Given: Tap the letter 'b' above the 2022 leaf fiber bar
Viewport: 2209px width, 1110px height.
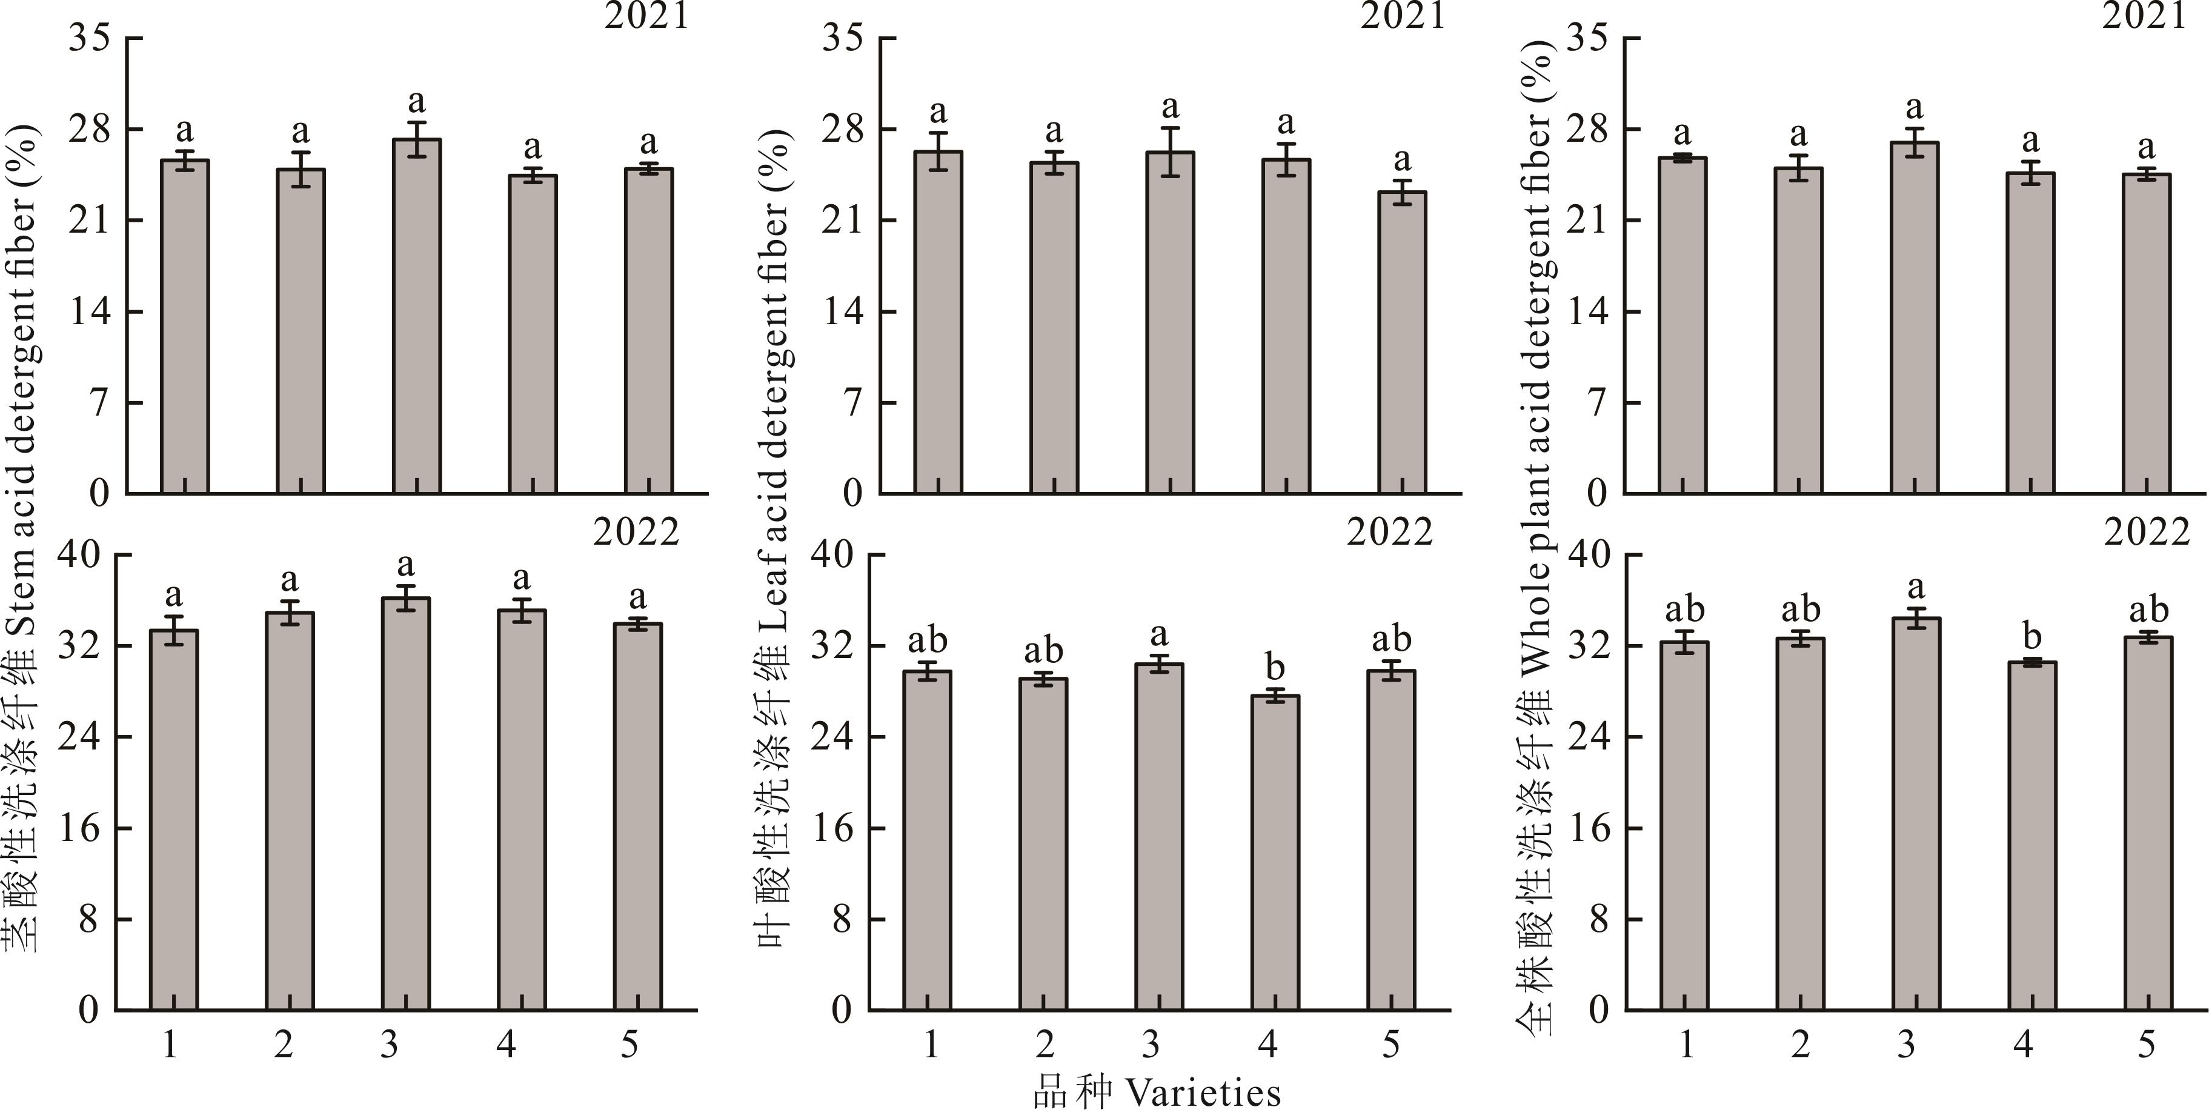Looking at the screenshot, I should [x=1275, y=666].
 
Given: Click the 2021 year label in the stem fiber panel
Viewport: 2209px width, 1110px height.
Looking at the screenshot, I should [x=646, y=16].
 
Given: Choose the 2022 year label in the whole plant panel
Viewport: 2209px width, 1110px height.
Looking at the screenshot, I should [x=2147, y=533].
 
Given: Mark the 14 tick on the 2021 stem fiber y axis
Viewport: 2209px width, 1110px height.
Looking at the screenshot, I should [x=91, y=311].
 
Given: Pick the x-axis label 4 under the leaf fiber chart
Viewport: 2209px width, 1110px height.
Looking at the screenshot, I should [x=1267, y=1044].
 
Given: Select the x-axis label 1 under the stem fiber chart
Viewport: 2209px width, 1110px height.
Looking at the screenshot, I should [x=170, y=1044].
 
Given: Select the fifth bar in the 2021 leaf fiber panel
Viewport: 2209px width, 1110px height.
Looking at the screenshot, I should [x=1402, y=342].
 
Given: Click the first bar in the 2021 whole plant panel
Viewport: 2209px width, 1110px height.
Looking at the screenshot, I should [x=1682, y=325].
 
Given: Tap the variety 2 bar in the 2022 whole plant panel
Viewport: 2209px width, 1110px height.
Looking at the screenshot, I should [x=1800, y=823].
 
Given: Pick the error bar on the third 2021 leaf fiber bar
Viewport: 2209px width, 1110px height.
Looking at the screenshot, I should [x=1171, y=152].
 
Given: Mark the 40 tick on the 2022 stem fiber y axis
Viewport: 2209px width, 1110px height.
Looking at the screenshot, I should [x=78, y=555].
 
